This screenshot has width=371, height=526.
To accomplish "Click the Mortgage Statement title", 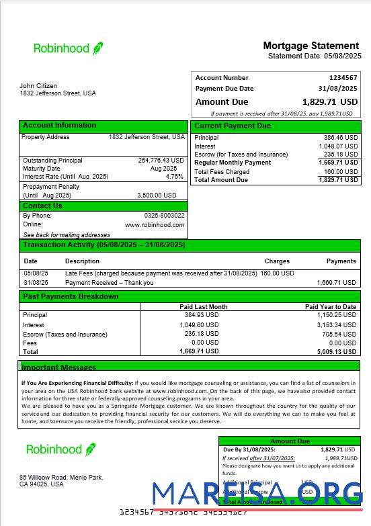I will point(311,46).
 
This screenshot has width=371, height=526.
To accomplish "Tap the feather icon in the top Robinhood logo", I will point(98,48).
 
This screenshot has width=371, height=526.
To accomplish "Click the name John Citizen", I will point(38,86).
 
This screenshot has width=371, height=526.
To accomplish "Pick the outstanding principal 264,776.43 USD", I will point(161,161).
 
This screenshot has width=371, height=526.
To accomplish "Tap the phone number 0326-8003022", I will point(164,216).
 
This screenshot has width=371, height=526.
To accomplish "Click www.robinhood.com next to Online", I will point(155,225).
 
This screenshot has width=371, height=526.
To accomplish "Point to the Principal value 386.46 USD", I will point(341,137).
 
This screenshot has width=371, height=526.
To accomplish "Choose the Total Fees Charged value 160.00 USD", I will point(341,172).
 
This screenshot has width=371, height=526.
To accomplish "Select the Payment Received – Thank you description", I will point(109,283).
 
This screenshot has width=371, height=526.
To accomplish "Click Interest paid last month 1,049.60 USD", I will point(201,325).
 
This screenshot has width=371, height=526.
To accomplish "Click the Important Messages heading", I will point(59,367).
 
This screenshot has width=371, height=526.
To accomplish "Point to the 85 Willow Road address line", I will point(61,478).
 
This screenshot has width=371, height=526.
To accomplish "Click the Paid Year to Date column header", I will point(330,306).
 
